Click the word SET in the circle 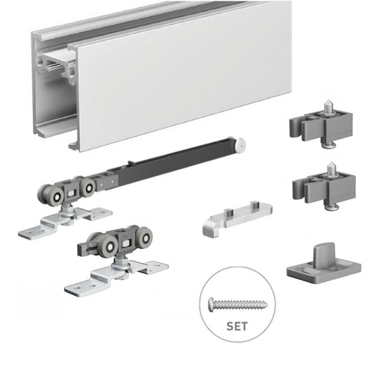click(237, 326)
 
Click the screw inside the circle click(238, 304)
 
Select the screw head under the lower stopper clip click(332, 207)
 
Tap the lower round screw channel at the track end click(71, 71)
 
